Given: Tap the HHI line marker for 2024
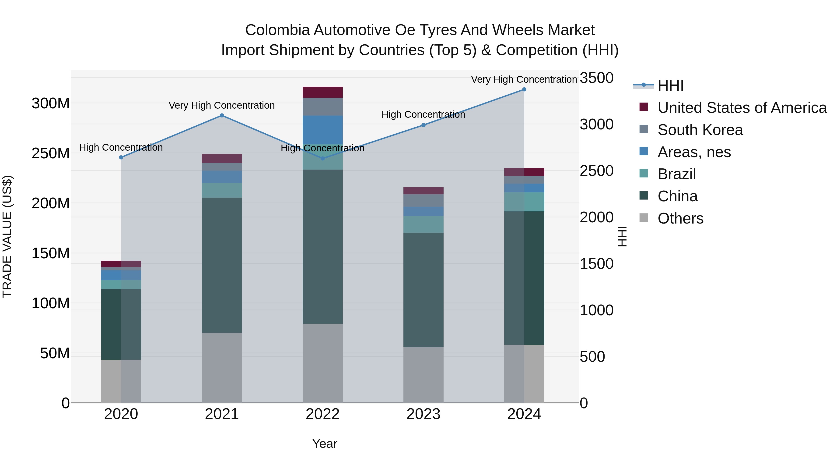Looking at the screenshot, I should coord(524,89).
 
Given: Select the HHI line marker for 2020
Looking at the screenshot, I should coord(121,157).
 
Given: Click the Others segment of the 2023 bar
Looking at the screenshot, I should coord(423,374).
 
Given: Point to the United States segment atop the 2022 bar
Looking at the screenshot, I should coord(322,92).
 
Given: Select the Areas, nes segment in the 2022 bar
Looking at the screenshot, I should coord(322,130).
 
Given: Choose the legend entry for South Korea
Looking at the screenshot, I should coord(700,130).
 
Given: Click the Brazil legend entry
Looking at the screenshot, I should coord(677,174).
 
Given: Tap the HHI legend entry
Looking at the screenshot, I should coord(670,85).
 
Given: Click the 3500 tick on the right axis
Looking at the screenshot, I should coord(596,78).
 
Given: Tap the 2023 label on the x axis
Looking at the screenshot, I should coord(423,414).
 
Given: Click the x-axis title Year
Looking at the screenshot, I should coord(325,444).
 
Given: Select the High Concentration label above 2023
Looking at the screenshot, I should coord(423,115).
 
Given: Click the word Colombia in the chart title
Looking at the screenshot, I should coord(277,30).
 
